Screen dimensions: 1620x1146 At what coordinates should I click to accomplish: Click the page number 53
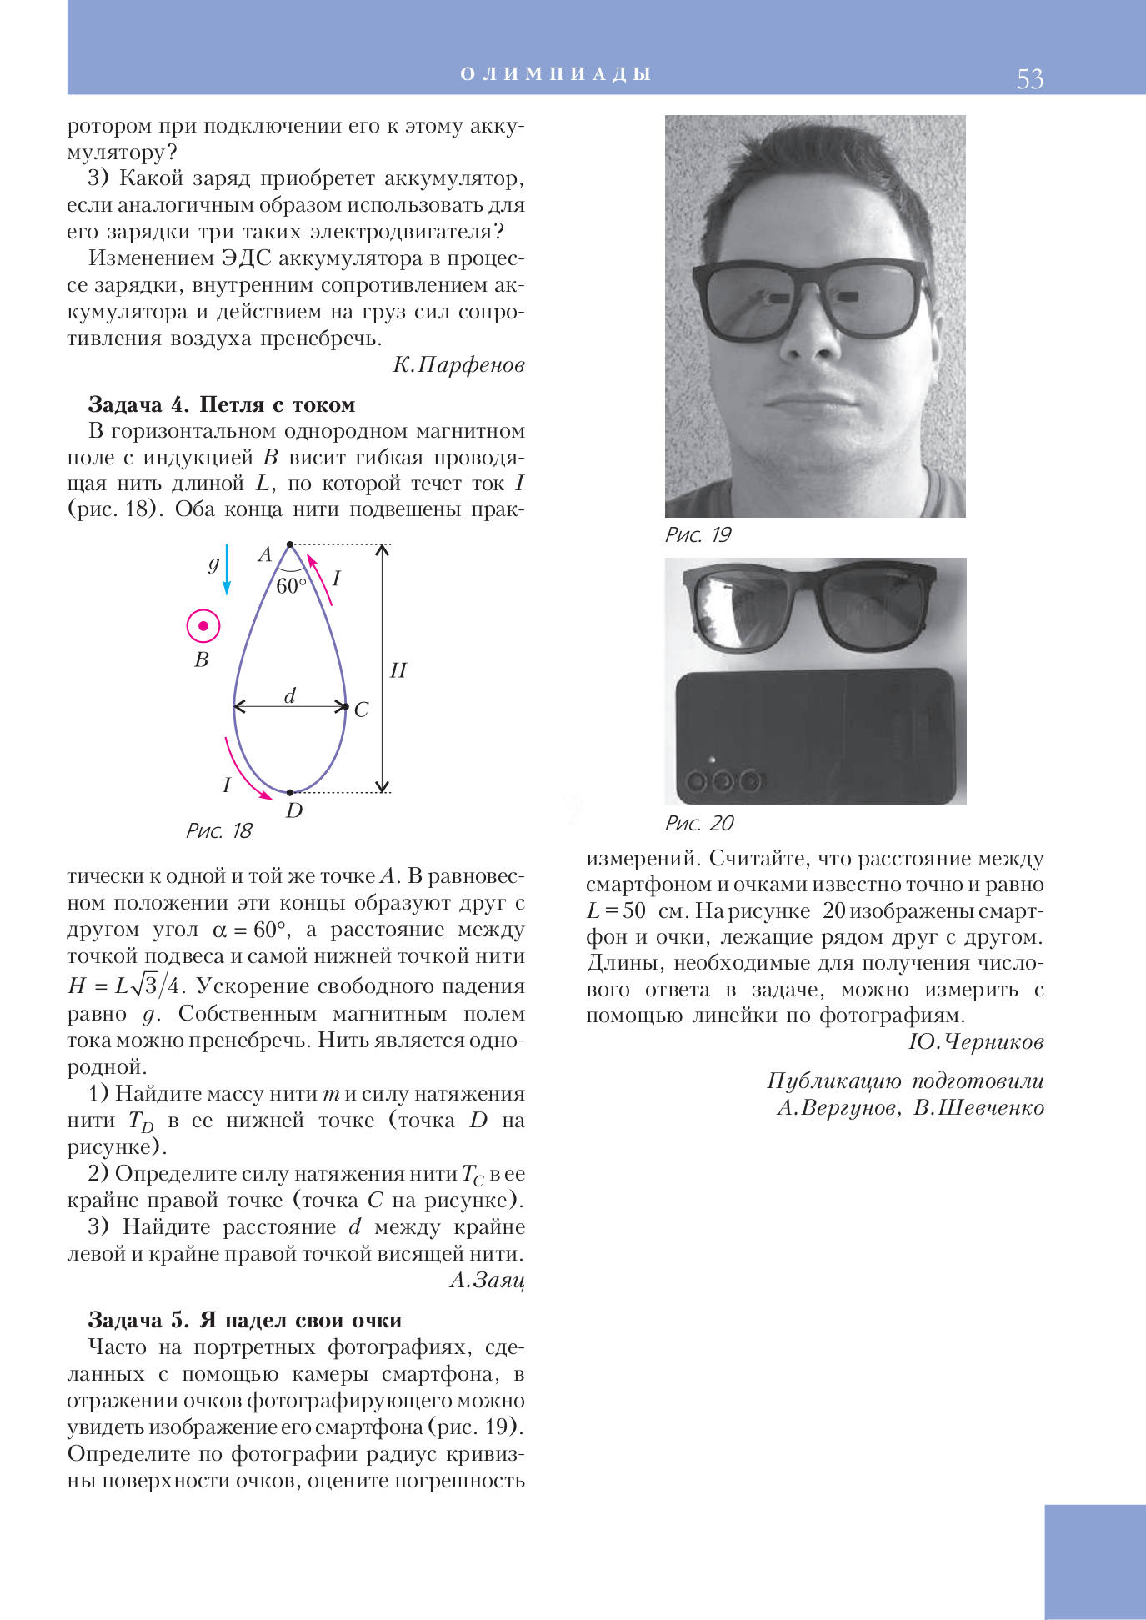pyautogui.click(x=1029, y=78)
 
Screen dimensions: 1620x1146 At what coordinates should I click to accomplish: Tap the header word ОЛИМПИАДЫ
pyautogui.click(x=556, y=74)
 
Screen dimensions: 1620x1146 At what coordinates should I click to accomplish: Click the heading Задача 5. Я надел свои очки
pyautogui.click(x=245, y=1320)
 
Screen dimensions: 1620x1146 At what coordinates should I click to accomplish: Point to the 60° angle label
pyautogui.click(x=291, y=586)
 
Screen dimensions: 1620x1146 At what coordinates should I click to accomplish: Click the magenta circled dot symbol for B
pyautogui.click(x=203, y=625)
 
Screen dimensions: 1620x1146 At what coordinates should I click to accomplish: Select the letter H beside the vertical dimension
pyautogui.click(x=398, y=670)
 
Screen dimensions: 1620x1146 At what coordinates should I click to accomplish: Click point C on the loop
pyautogui.click(x=346, y=707)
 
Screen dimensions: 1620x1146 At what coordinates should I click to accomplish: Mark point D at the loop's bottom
pyautogui.click(x=290, y=792)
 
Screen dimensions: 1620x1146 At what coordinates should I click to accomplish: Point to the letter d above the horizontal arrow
pyautogui.click(x=290, y=695)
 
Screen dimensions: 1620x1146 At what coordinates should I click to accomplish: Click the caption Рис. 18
pyautogui.click(x=218, y=830)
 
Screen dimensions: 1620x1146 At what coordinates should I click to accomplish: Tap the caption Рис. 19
pyautogui.click(x=698, y=535)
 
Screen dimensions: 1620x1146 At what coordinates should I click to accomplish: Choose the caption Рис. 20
pyautogui.click(x=698, y=824)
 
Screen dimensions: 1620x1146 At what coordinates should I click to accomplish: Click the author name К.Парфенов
pyautogui.click(x=458, y=365)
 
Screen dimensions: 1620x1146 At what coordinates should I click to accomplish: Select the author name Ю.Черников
pyautogui.click(x=976, y=1042)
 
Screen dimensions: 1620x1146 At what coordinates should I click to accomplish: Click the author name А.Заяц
pyautogui.click(x=487, y=1280)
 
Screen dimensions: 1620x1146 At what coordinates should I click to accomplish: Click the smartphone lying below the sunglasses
pyautogui.click(x=814, y=736)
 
